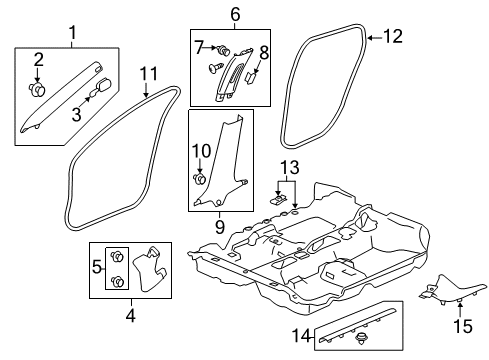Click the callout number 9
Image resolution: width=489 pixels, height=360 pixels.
(x=219, y=227)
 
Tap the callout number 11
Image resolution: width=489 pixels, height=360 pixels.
(x=150, y=72)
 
